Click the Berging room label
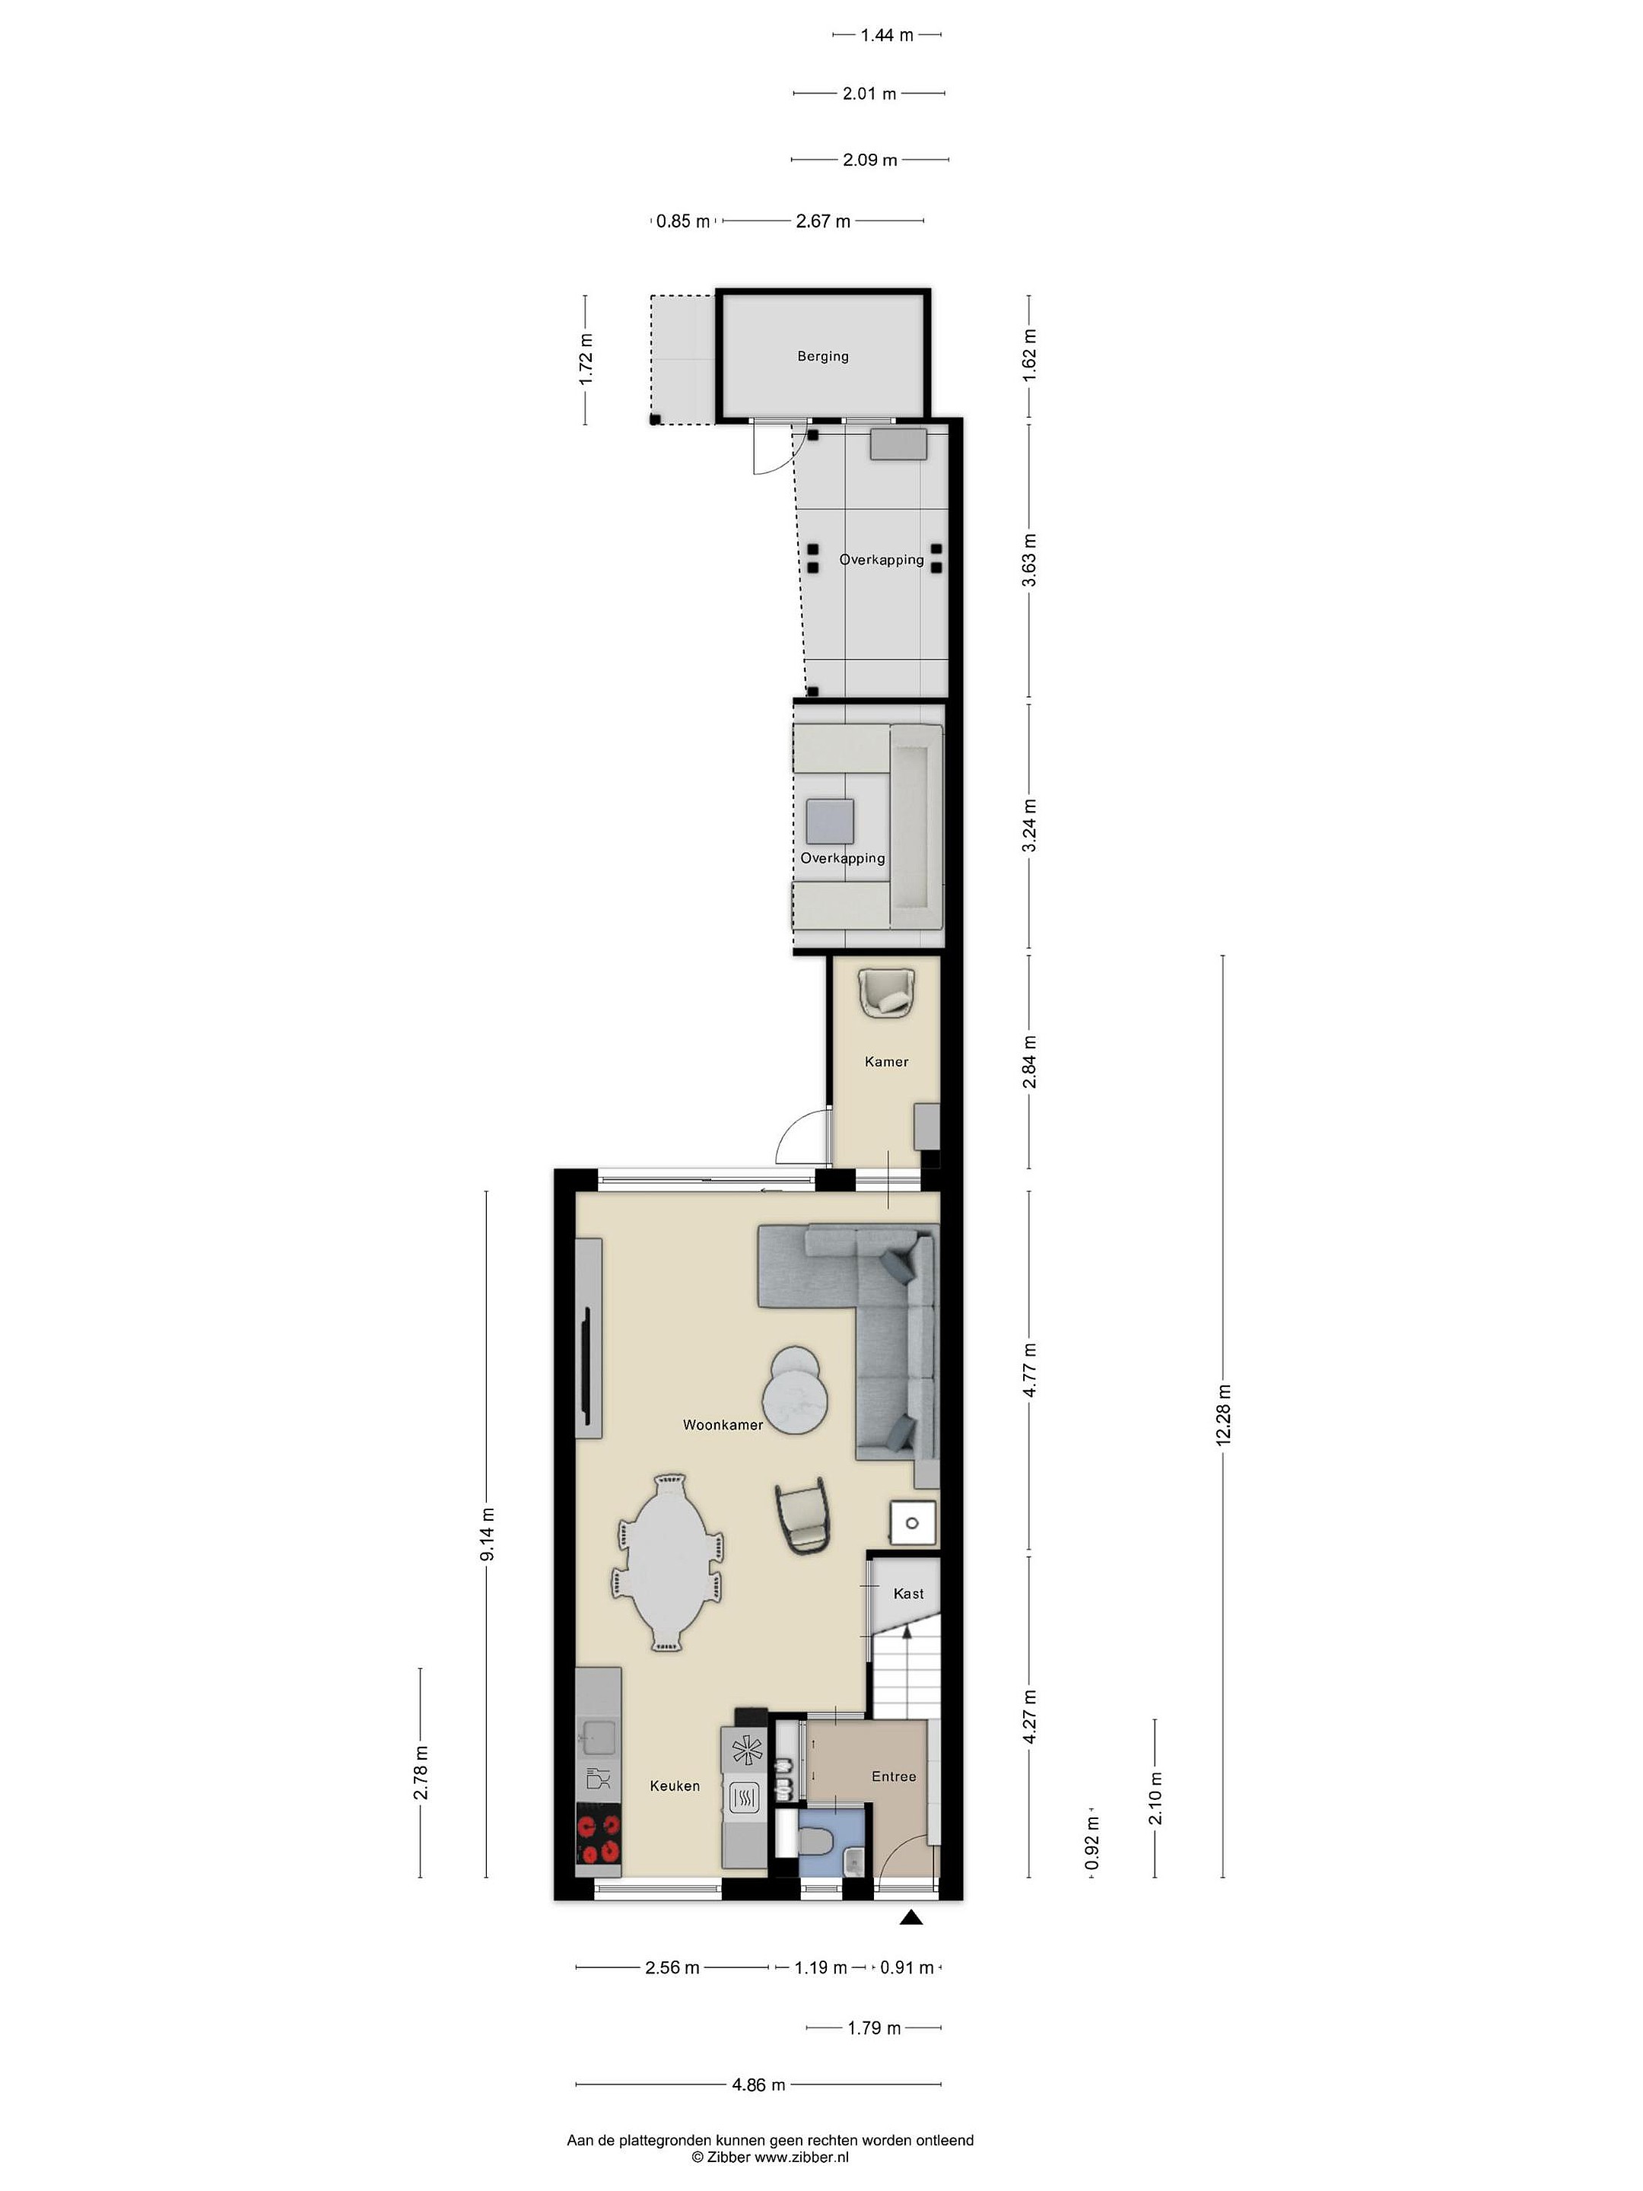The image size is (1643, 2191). pos(822,357)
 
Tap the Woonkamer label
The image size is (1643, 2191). pos(722,1426)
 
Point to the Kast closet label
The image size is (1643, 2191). pos(908,1594)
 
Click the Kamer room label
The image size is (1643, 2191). pos(885,1062)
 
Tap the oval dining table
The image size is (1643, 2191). pos(668,1564)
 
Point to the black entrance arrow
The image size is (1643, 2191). pos(911,1919)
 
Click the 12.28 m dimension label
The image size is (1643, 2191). pos(1223,1416)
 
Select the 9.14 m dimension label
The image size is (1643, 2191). pos(486,1533)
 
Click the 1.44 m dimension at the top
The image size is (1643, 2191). pos(886,35)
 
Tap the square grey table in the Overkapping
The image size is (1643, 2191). pos(830,821)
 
